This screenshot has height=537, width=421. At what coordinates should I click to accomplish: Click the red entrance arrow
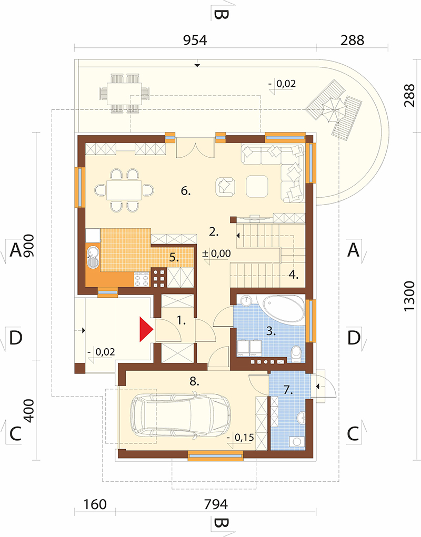(x=146, y=329)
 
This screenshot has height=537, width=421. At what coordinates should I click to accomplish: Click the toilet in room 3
(x=296, y=353)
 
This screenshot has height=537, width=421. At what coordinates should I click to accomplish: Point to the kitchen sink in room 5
(x=93, y=257)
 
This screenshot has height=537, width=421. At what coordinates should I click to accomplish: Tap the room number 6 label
(x=185, y=191)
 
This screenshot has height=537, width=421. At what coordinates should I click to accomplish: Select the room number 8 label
(x=194, y=381)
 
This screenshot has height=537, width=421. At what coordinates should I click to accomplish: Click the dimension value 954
(x=195, y=40)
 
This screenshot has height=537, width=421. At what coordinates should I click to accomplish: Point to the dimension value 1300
(x=409, y=296)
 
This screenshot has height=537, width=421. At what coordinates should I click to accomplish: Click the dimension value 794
(x=216, y=504)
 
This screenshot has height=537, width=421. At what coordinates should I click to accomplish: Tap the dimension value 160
(x=95, y=504)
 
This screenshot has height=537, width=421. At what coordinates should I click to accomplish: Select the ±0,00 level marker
(x=216, y=254)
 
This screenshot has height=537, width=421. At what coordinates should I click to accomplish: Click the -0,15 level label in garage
(x=240, y=438)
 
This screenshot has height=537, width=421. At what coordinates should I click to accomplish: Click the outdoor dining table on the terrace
(x=124, y=93)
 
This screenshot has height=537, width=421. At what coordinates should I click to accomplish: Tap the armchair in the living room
(x=225, y=186)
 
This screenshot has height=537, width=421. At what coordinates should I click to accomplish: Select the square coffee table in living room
(x=257, y=186)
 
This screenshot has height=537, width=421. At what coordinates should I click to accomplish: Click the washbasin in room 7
(x=301, y=418)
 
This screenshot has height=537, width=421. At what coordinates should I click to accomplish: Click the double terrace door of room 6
(x=195, y=148)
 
